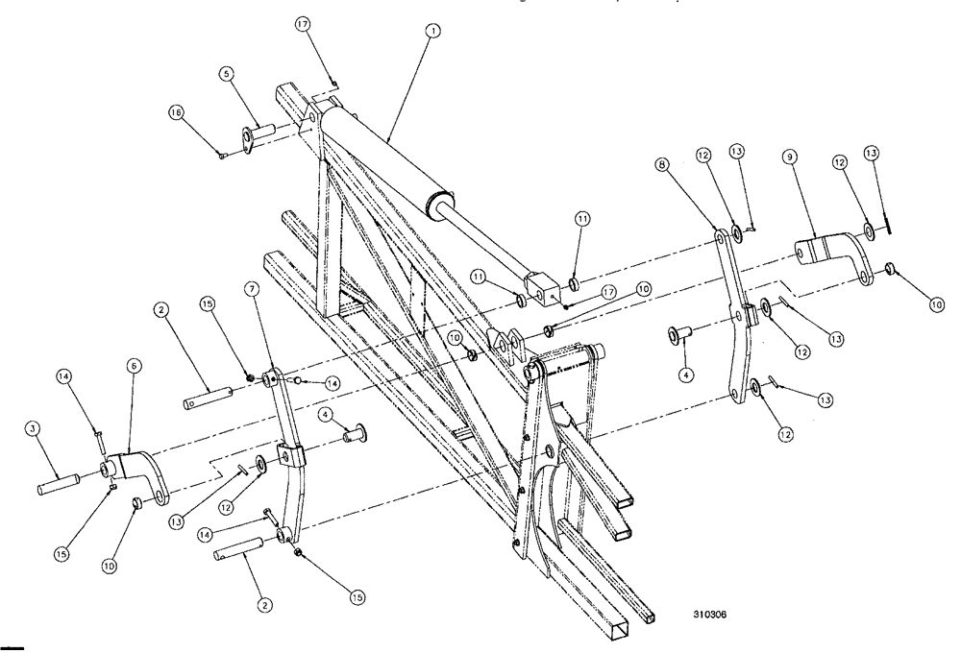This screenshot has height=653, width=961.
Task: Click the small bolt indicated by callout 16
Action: click(x=223, y=153)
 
